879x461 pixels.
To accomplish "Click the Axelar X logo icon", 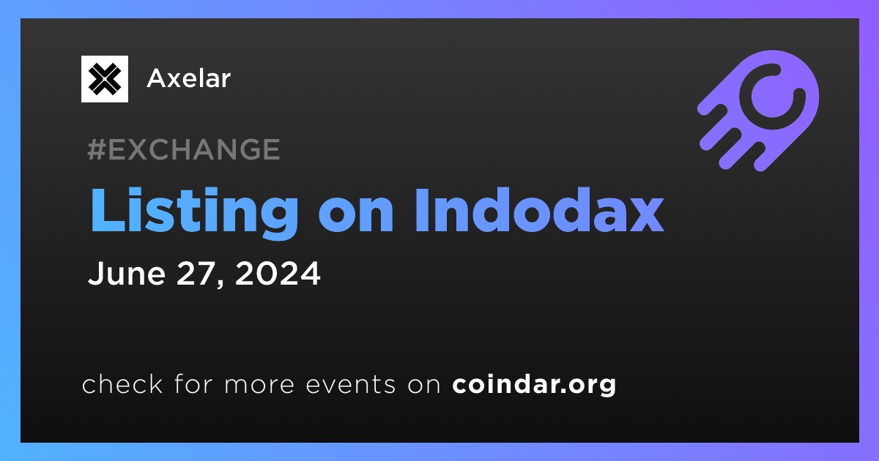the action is pos(104,79).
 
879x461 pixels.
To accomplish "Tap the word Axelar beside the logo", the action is pos(189,78).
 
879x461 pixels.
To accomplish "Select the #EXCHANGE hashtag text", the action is pos(184,149).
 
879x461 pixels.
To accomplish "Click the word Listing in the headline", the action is pos(194,212).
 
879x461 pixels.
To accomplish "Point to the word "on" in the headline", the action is pos(356,215).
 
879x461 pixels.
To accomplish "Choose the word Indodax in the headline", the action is pos(539,210).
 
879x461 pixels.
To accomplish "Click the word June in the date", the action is pos(127,273).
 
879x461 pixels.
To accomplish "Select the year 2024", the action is pos(278,273).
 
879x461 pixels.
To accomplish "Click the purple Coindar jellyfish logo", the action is pos(759,110).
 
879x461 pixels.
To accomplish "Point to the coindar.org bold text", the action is pos(534,385).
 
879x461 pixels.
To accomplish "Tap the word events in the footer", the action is pos(351,385).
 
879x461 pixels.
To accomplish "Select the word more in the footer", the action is pos(259,386).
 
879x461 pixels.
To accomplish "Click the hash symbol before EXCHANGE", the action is pos(97,149).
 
